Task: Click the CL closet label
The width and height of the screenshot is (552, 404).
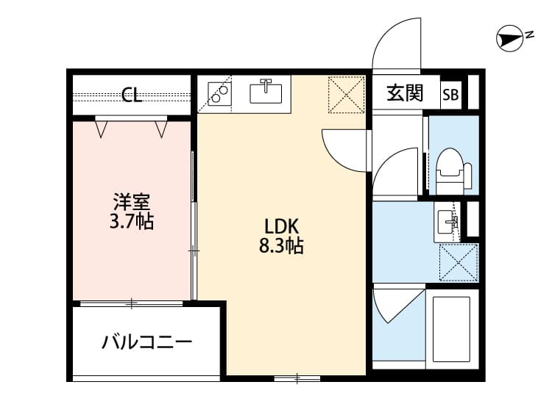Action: coord(132,94)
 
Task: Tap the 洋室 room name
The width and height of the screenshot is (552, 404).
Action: coord(132,201)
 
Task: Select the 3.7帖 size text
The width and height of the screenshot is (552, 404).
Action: coord(132,221)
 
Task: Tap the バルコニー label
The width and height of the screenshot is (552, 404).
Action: coord(146,342)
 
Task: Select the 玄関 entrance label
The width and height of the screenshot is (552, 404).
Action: coord(405,93)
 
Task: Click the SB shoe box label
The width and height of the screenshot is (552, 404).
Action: coord(450,94)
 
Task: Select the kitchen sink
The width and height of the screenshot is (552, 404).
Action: coord(266,92)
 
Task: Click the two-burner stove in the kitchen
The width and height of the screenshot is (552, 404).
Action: coord(219,93)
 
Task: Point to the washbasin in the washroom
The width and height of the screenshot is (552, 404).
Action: coord(447,220)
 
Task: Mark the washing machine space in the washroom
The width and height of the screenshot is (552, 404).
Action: coord(459,262)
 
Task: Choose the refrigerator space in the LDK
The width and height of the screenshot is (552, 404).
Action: coord(346,94)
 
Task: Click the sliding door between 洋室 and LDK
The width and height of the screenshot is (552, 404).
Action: coord(194,235)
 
